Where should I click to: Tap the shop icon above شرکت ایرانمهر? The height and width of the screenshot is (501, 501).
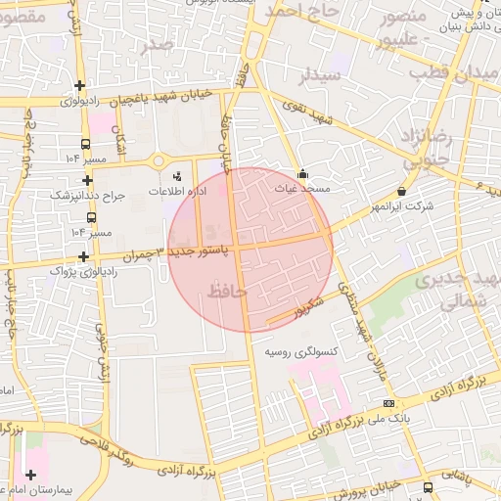[402, 192]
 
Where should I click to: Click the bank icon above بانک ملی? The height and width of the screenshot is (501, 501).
[389, 403]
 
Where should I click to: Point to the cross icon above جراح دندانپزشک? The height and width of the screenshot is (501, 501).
[88, 180]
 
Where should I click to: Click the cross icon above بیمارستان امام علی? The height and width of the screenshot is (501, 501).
[31, 474]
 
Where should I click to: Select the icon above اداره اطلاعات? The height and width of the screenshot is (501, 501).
[176, 176]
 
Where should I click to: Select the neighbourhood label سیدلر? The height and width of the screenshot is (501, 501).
[321, 75]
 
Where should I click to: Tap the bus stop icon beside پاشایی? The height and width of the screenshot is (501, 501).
[428, 486]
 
